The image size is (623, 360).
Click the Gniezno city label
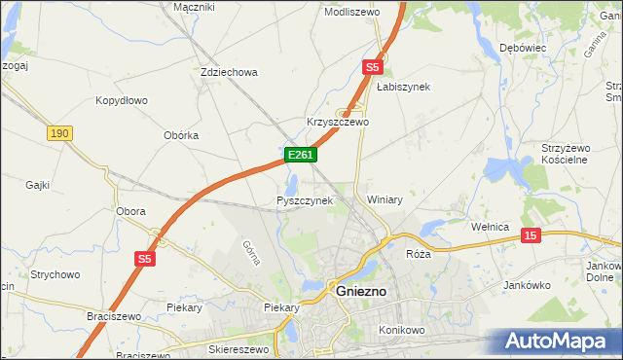[x=361, y=290]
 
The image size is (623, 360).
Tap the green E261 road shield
[x=299, y=155]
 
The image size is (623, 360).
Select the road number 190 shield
[x=59, y=132]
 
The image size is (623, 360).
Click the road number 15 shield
[x=530, y=235]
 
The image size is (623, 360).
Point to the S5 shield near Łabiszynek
[x=372, y=67]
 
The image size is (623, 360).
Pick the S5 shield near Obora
[x=145, y=258]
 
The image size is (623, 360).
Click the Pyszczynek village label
[x=305, y=200]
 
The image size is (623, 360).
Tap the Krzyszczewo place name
[x=338, y=123]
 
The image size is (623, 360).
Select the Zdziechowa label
[x=228, y=72]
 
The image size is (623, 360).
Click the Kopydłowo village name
[x=121, y=100]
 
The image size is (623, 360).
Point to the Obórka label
[x=181, y=135]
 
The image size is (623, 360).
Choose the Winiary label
[x=385, y=198]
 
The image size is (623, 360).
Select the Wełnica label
[x=491, y=227]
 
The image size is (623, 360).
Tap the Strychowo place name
[x=55, y=274]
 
